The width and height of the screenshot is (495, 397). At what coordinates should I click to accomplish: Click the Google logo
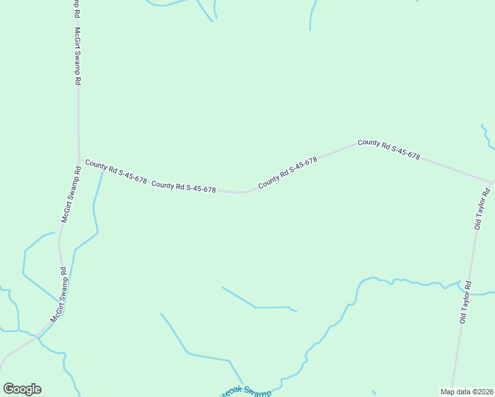point(22,389)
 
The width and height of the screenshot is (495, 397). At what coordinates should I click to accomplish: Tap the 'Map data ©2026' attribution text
point(467,392)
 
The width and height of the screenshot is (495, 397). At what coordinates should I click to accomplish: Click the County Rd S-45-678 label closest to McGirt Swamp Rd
point(116,170)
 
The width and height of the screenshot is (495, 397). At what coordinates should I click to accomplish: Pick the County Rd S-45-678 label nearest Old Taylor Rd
point(388,149)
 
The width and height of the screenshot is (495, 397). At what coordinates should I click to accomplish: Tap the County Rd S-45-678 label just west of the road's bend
point(183,187)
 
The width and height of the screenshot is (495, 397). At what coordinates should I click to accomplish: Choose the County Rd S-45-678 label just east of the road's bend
point(288,172)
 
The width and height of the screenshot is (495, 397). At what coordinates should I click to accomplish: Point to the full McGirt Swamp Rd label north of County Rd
point(77,56)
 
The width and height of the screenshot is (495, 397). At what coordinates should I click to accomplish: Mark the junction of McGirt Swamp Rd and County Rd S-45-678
point(79,159)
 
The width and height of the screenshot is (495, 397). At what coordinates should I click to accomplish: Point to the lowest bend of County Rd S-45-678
point(243,193)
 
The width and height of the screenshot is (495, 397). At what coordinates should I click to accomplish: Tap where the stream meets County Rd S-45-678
point(103,171)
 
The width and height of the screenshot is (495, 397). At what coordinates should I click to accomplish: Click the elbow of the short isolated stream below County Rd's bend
point(255,308)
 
